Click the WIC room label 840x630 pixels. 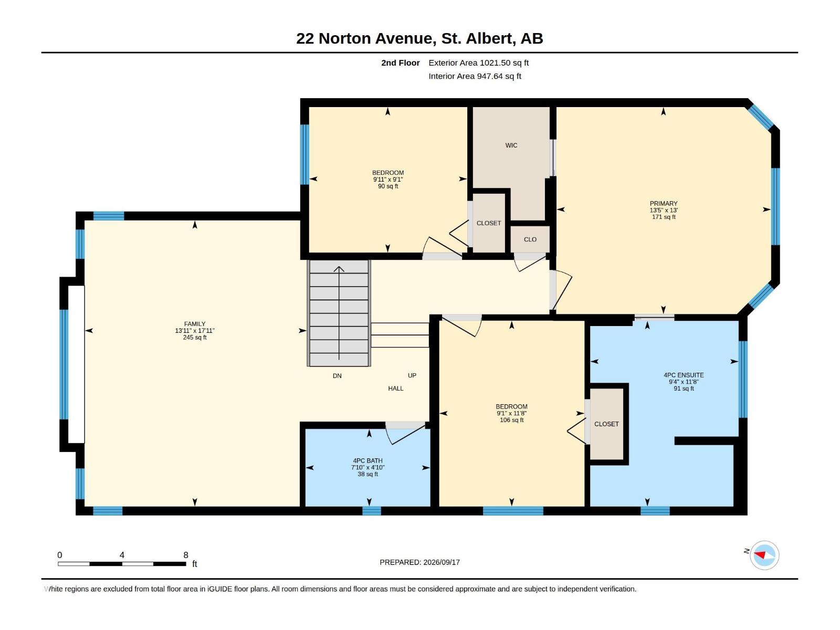[x=511, y=145]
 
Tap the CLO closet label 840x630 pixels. [x=530, y=239]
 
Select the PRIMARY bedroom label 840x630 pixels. [x=664, y=204]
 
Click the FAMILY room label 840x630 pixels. [x=195, y=324]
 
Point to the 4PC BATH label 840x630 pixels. [x=368, y=461]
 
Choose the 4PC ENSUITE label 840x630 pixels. [x=684, y=375]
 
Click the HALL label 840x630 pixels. [x=396, y=388]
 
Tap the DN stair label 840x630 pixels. [x=337, y=376]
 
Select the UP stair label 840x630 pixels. [x=412, y=375]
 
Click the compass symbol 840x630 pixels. [x=764, y=555]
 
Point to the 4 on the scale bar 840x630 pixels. [x=122, y=555]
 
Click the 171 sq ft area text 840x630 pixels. [x=664, y=217]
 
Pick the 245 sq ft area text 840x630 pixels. [x=195, y=338]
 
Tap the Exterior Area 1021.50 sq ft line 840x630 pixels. [x=479, y=62]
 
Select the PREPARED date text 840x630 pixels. [x=420, y=562]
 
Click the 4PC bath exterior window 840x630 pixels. [x=372, y=511]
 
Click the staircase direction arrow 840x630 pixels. [x=339, y=313]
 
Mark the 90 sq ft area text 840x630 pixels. [x=388, y=186]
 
